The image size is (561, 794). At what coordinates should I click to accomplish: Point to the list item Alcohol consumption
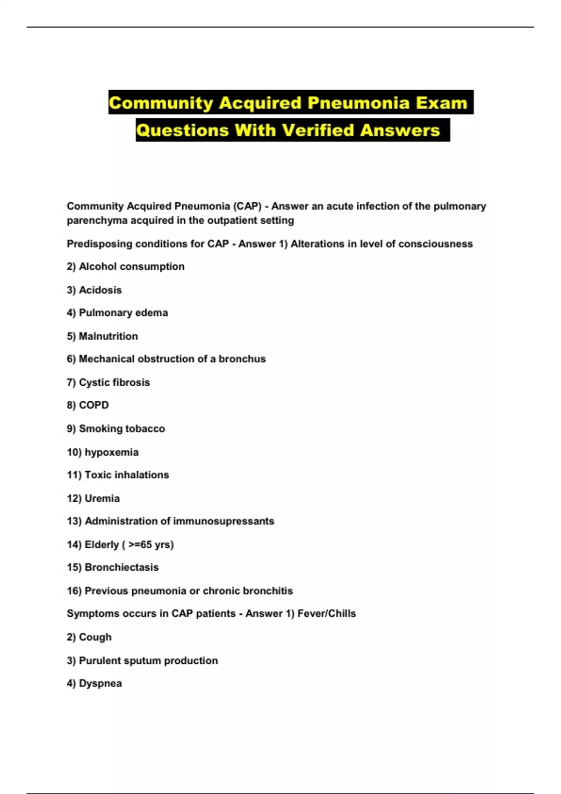click(x=131, y=267)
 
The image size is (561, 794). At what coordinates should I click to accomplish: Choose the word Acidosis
click(x=100, y=290)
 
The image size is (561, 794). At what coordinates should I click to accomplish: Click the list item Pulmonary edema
click(x=123, y=313)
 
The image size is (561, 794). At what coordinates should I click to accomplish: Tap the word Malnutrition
click(x=108, y=336)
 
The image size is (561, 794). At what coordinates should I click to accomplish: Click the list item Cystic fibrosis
click(x=114, y=383)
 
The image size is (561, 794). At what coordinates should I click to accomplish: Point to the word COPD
click(x=93, y=405)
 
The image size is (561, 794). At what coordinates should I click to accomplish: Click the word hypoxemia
click(x=111, y=452)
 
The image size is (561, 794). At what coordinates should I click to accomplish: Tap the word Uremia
click(x=102, y=498)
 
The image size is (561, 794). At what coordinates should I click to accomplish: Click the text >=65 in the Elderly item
click(x=140, y=545)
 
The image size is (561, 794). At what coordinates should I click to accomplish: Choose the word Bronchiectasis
click(x=122, y=567)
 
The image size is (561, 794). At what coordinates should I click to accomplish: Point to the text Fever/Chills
click(x=326, y=614)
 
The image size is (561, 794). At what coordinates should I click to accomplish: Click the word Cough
click(x=95, y=637)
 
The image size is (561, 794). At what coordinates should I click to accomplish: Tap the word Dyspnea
click(x=100, y=683)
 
